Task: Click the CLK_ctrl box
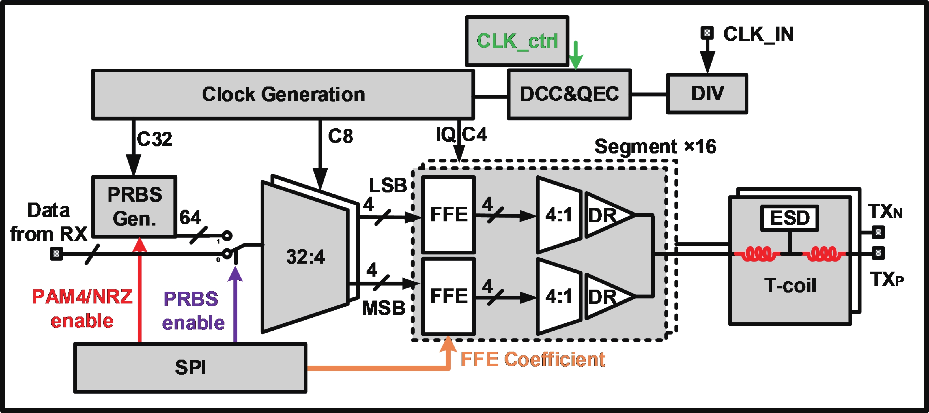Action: [517, 41]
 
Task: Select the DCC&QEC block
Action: [569, 94]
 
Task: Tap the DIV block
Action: [707, 94]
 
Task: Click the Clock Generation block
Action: [283, 94]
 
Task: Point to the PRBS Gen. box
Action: [134, 207]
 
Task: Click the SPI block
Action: [190, 368]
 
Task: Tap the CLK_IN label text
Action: [758, 34]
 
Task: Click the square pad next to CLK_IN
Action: [707, 33]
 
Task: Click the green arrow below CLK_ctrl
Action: [576, 55]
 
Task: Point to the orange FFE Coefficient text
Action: [533, 359]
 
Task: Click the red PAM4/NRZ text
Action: [82, 297]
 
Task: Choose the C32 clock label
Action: [154, 139]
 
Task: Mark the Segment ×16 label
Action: [655, 146]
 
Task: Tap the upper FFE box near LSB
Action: [448, 214]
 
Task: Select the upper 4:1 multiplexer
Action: [558, 215]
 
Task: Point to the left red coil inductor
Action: [757, 254]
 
